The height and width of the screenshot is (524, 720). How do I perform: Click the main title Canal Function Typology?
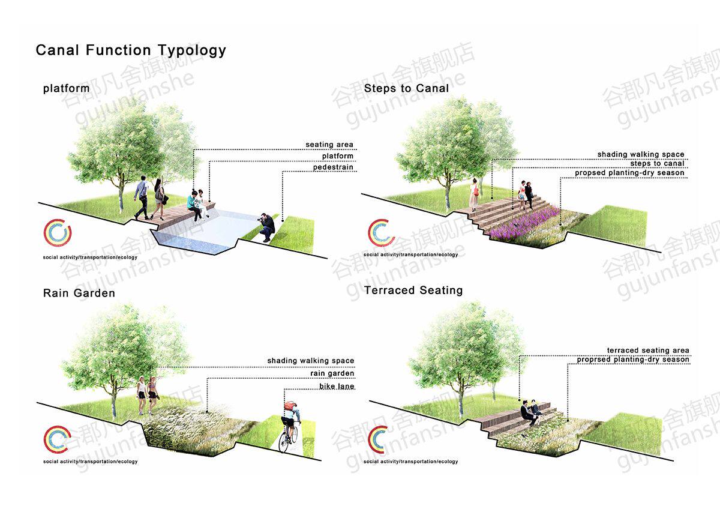coord(131,50)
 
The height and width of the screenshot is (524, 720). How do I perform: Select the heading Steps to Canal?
coord(406,88)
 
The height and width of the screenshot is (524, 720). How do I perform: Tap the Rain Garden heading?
coord(79,293)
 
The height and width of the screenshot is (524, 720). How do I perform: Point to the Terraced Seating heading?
coord(413,291)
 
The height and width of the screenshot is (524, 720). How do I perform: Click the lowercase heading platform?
coord(66,89)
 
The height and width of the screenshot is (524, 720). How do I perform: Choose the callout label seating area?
coord(329,145)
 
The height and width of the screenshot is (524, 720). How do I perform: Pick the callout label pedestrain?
coord(333,167)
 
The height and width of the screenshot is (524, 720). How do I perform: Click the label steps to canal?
coord(657,163)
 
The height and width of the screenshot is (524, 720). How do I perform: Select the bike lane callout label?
coord(337,386)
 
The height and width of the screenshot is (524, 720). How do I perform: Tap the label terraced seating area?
coord(648,350)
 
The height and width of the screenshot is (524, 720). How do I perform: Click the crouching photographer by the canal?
coord(267,226)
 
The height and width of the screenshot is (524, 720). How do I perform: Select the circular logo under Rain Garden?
coord(57,439)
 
